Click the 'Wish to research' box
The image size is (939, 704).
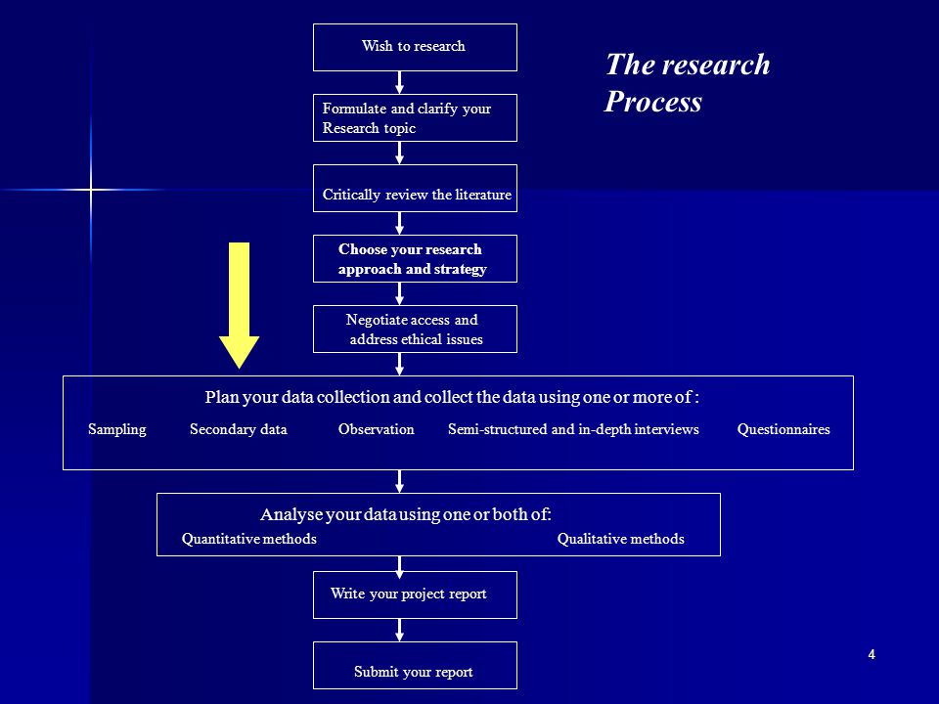pyautogui.click(x=415, y=47)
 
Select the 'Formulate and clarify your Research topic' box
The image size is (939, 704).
pyautogui.click(x=415, y=118)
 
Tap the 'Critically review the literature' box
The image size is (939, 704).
pyautogui.click(x=415, y=188)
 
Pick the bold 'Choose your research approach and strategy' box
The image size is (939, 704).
pyautogui.click(x=415, y=258)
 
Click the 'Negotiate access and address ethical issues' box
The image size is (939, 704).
pyautogui.click(x=415, y=329)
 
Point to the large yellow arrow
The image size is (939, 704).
pyautogui.click(x=239, y=305)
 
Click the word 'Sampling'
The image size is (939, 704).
pyautogui.click(x=116, y=430)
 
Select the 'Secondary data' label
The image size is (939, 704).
pyautogui.click(x=239, y=430)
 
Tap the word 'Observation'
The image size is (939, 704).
pyautogui.click(x=376, y=429)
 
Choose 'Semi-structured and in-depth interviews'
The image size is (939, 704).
pyautogui.click(x=573, y=430)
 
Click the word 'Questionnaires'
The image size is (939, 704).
pyautogui.click(x=783, y=429)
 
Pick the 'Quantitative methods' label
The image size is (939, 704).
pyautogui.click(x=249, y=539)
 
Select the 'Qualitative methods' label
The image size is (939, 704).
pyautogui.click(x=620, y=539)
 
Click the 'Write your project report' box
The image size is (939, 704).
pyautogui.click(x=415, y=595)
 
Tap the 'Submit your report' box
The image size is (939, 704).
pyautogui.click(x=415, y=665)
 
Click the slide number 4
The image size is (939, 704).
pyautogui.click(x=872, y=654)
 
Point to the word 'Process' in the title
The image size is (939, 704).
pyautogui.click(x=652, y=101)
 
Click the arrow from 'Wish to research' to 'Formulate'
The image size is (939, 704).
pyautogui.click(x=399, y=82)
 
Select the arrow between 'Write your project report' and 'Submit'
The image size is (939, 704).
pyautogui.click(x=399, y=631)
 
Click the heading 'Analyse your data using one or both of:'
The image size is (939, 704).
pyautogui.click(x=406, y=514)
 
